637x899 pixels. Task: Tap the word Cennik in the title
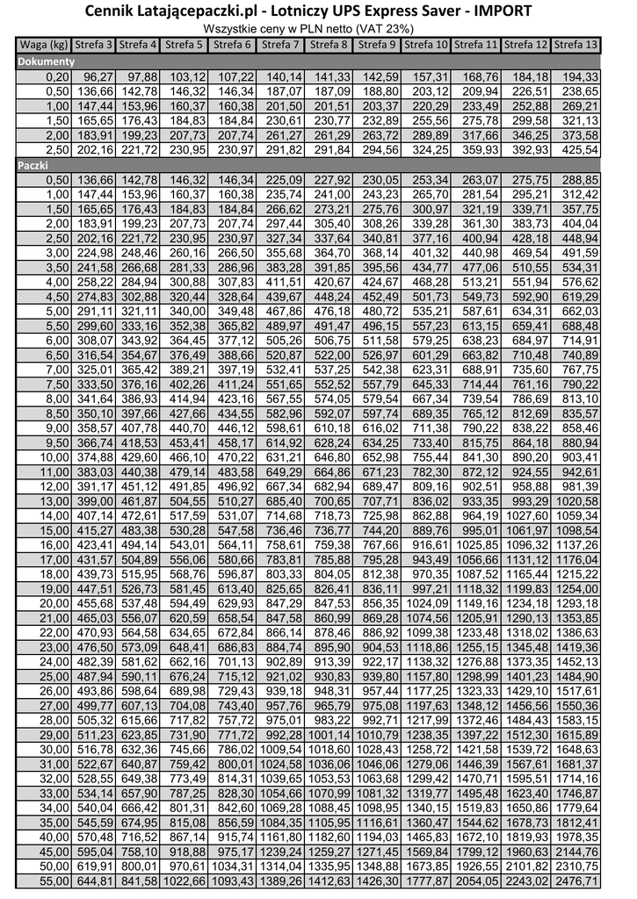[117, 11]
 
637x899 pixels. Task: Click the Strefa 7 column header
[284, 44]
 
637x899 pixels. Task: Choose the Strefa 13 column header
[577, 44]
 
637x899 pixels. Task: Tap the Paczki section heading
[34, 164]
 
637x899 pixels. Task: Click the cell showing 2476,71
[577, 880]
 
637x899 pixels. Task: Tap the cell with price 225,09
[284, 179]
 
